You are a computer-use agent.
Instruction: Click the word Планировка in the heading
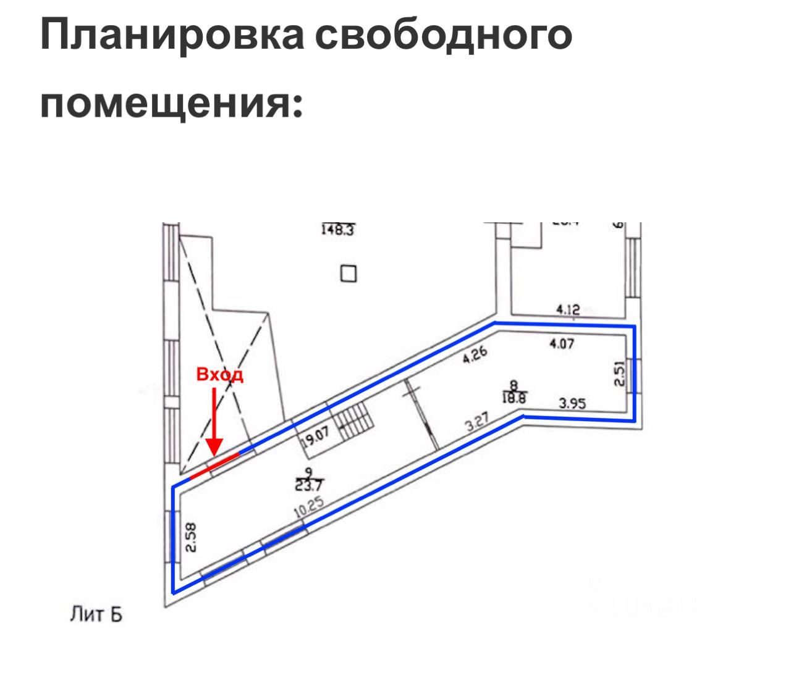(172, 35)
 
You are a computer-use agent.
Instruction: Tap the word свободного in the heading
(443, 35)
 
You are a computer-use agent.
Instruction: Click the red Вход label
(220, 375)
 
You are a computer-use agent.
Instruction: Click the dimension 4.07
(562, 343)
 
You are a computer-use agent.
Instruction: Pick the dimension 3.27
(476, 424)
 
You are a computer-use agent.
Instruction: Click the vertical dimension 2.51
(620, 374)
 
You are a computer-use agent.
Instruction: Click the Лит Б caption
(96, 615)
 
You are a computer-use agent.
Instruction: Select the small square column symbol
(349, 273)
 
